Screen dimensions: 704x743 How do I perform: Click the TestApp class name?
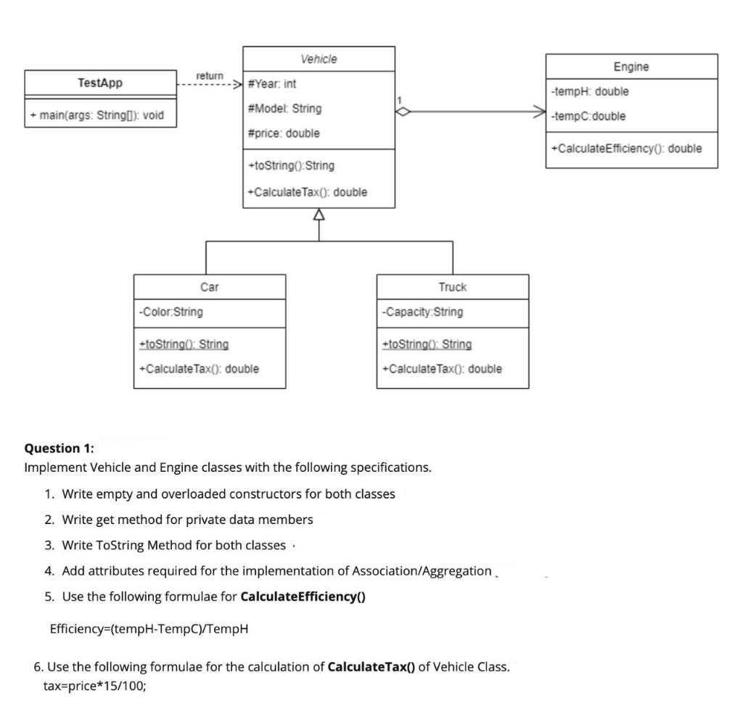click(x=100, y=83)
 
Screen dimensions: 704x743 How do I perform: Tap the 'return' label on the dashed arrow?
click(x=210, y=75)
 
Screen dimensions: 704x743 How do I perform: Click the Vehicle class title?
click(x=319, y=59)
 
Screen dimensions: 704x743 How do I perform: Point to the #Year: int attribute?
click(x=272, y=84)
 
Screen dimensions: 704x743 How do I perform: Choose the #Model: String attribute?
click(x=284, y=108)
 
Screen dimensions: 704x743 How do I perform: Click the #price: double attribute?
click(x=283, y=134)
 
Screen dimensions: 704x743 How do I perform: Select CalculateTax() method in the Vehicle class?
click(x=307, y=192)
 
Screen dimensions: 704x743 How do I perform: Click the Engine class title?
click(x=631, y=67)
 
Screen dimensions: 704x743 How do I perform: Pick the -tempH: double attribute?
click(x=589, y=91)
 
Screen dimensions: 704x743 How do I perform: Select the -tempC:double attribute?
click(x=588, y=116)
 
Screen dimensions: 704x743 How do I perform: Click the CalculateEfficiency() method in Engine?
click(x=626, y=149)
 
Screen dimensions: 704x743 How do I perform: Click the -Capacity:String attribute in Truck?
click(x=422, y=312)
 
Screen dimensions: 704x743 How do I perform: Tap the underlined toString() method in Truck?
click(x=426, y=344)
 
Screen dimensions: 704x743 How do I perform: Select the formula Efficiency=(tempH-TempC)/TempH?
click(x=149, y=629)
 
